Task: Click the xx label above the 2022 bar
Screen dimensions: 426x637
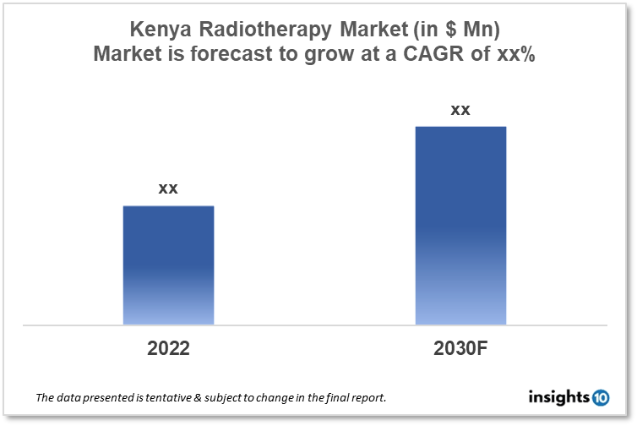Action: (x=168, y=188)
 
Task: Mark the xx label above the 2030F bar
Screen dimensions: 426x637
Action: (x=460, y=110)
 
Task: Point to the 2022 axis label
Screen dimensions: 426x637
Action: (x=168, y=348)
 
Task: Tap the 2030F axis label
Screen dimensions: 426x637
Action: (x=460, y=348)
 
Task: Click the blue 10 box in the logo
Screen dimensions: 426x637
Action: (x=600, y=396)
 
